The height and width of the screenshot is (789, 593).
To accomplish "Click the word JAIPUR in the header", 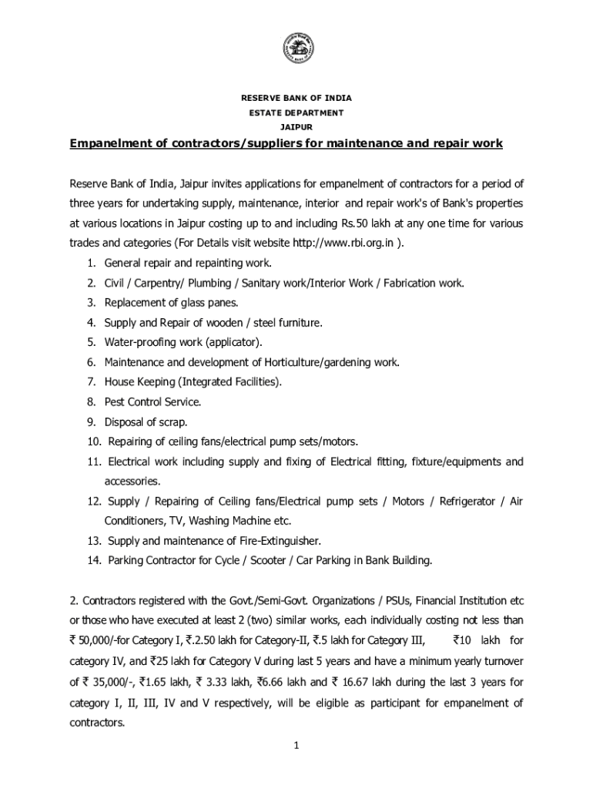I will (296, 127).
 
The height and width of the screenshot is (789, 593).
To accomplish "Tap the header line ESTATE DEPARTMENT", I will (296, 113).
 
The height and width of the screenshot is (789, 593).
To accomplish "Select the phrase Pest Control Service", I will (153, 401).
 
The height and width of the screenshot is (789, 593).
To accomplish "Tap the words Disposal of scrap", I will (146, 421).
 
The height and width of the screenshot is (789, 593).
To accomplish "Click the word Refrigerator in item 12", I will (467, 501).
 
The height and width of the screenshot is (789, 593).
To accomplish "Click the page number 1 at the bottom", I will (296, 744).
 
